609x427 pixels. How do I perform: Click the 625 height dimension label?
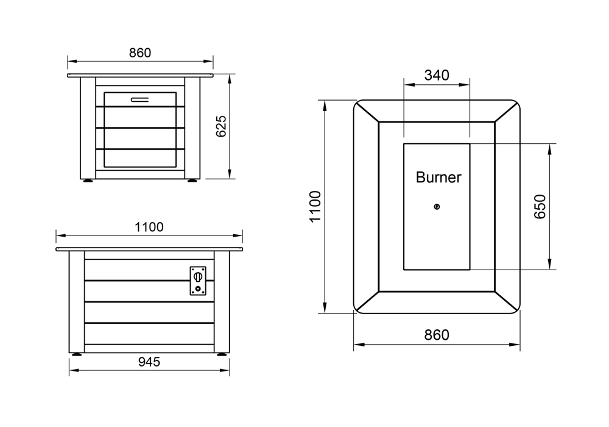(222, 126)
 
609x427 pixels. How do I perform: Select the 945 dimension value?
(149, 362)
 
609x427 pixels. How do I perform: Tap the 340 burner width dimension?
(437, 75)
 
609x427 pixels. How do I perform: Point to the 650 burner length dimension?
(540, 207)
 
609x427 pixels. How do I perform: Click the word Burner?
(438, 178)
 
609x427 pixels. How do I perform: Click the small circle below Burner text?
(437, 207)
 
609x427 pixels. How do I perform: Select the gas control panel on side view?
(198, 281)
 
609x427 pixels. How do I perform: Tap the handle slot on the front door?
(139, 99)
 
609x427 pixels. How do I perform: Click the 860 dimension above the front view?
(139, 53)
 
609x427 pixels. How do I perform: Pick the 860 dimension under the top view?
(437, 335)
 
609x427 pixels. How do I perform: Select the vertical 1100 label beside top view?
(315, 207)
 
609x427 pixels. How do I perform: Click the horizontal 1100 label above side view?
(149, 227)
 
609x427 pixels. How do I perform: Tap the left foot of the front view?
(88, 181)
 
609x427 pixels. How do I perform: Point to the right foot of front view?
(192, 181)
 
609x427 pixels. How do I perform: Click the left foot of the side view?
(77, 354)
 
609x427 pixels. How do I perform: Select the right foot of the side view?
(220, 354)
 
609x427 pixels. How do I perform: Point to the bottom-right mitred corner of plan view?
(507, 303)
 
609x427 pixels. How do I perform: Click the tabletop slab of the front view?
(140, 76)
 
